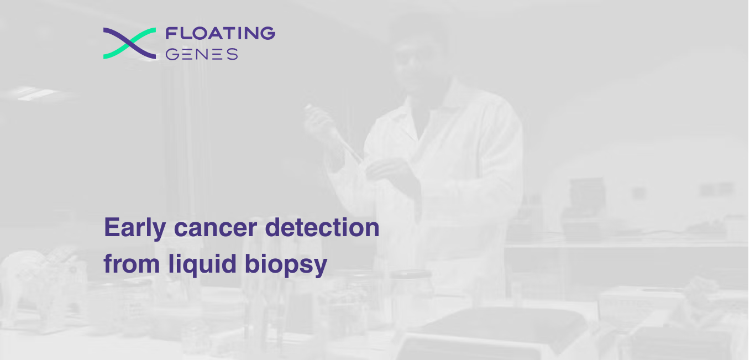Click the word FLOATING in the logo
coord(221,33)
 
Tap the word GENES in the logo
coord(202,54)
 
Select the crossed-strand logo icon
coord(129,43)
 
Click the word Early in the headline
coord(135,228)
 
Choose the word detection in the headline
coord(322,227)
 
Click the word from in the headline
coord(132,264)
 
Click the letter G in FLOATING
coord(268,33)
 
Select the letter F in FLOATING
coord(171,33)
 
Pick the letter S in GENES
coord(232,54)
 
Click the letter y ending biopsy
coord(321,267)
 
